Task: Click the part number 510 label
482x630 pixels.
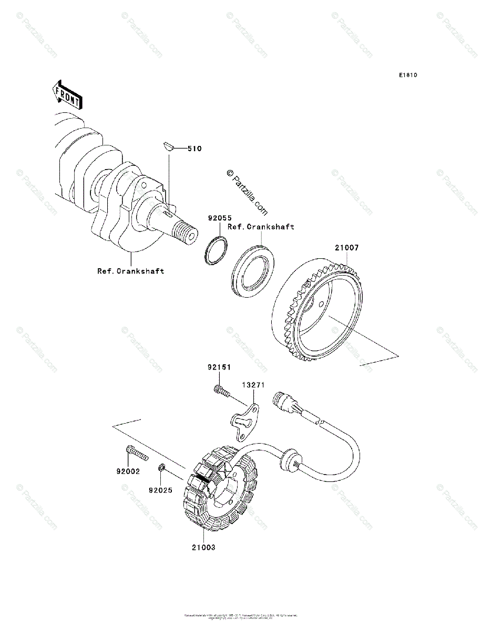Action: pos(194,149)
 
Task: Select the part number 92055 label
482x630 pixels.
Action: pos(219,217)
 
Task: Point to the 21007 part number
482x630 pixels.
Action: pos(346,248)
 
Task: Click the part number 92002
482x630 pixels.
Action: pos(128,471)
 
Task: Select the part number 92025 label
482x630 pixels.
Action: pos(160,490)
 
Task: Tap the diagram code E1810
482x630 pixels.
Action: pos(407,75)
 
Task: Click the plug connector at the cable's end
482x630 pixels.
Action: pos(281,403)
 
